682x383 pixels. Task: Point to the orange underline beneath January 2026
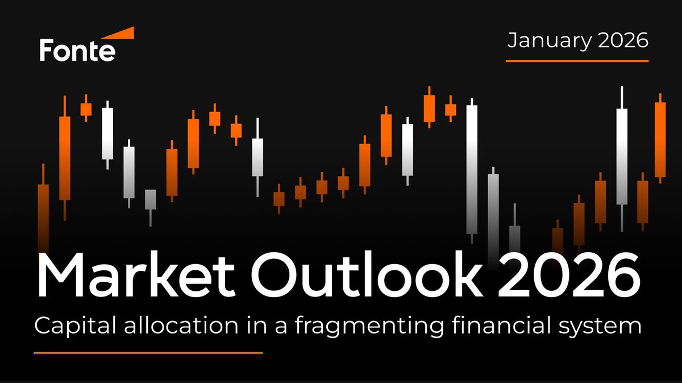point(577,60)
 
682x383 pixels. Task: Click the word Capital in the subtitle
point(70,327)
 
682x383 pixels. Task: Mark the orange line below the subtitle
point(148,353)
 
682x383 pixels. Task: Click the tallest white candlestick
point(472,170)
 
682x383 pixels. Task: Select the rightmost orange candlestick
point(660,139)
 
